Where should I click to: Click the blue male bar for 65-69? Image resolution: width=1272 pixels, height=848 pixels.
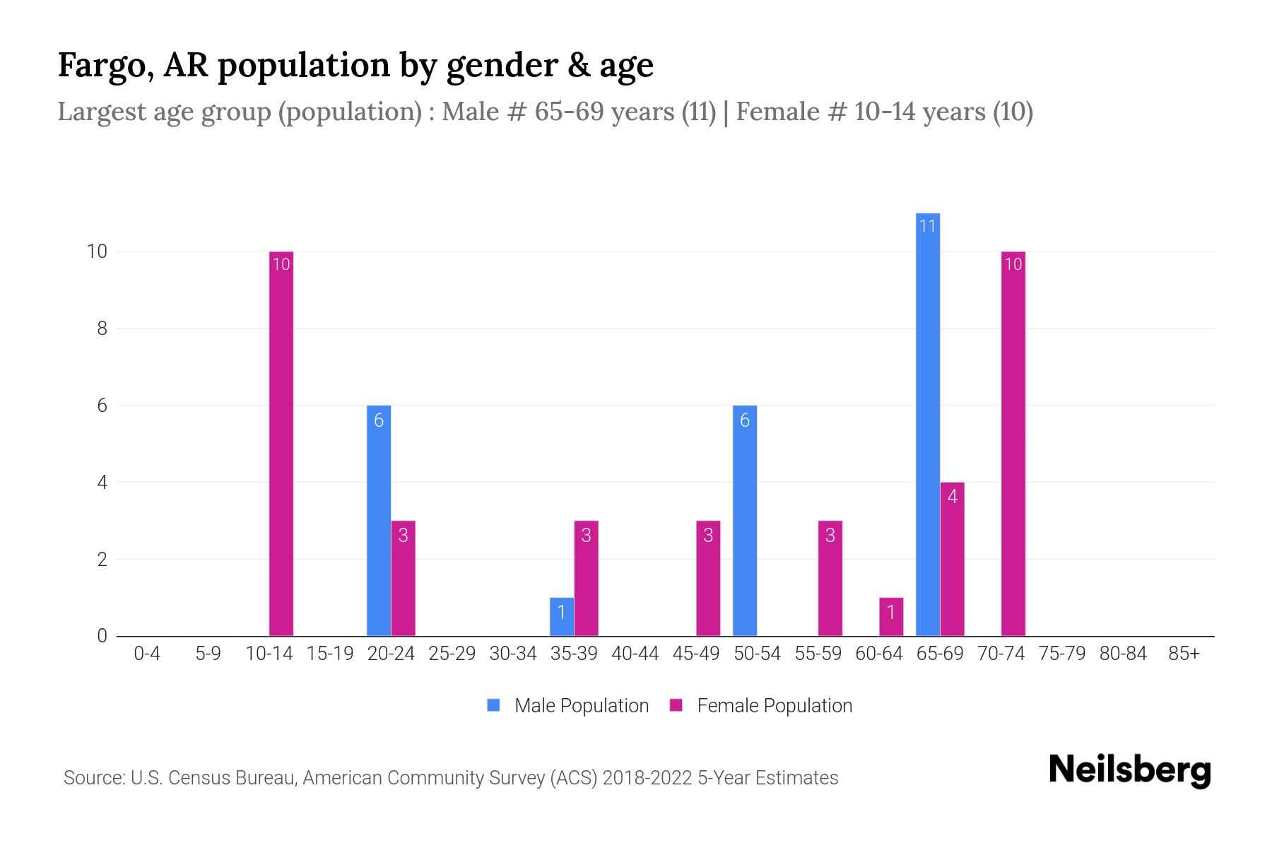[927, 424]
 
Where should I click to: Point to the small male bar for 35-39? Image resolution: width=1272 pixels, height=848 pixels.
[562, 617]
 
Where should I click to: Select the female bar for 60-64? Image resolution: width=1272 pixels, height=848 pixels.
[891, 617]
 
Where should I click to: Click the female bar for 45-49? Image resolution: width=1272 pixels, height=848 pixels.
[708, 579]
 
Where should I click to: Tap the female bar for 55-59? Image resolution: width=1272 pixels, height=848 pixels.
[830, 579]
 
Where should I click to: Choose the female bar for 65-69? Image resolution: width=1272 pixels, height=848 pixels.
[952, 559]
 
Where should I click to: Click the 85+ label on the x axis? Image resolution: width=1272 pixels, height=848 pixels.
[1184, 654]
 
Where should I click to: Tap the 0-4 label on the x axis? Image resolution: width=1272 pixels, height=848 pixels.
[147, 654]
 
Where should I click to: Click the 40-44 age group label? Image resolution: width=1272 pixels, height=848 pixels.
[635, 654]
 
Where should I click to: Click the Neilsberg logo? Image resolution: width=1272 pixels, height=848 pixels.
[1129, 770]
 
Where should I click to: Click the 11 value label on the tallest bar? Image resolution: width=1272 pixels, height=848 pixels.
[927, 226]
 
